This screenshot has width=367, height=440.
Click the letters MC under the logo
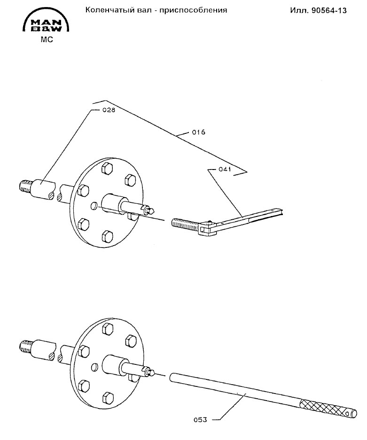[47, 39]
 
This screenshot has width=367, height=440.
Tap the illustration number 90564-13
[329, 11]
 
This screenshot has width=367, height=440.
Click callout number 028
[109, 110]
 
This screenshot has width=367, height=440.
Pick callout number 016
[198, 132]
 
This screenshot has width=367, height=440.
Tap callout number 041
[225, 169]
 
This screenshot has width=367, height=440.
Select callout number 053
[200, 420]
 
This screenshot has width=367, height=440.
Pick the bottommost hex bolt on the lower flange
[108, 397]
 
